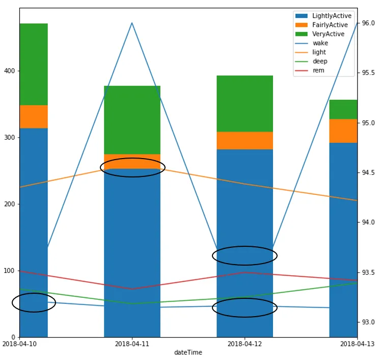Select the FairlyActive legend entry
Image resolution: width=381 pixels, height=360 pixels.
(330, 25)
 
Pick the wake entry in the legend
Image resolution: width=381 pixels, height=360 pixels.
(320, 43)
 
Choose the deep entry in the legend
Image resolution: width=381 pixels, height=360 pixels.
(320, 62)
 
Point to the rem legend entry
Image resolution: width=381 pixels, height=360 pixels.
(318, 71)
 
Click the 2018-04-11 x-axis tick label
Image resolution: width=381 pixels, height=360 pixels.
(132, 344)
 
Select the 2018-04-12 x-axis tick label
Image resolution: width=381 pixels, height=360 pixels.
(245, 344)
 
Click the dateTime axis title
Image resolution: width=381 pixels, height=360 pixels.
(188, 352)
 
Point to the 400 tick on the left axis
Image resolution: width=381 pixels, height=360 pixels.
(10, 71)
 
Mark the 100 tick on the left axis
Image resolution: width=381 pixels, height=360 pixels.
(10, 271)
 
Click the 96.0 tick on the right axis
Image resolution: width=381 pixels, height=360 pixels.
(368, 23)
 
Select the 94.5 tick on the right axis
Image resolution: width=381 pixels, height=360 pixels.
(368, 173)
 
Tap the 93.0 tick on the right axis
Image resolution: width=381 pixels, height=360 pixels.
(368, 322)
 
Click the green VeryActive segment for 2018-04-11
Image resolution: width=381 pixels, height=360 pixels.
(132, 120)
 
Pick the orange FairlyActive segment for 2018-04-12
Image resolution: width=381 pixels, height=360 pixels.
(245, 140)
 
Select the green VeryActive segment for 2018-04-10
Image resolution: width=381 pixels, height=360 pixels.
(34, 64)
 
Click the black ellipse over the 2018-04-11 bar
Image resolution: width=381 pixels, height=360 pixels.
(132, 167)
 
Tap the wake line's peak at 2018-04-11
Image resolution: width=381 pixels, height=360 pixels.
(132, 23)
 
